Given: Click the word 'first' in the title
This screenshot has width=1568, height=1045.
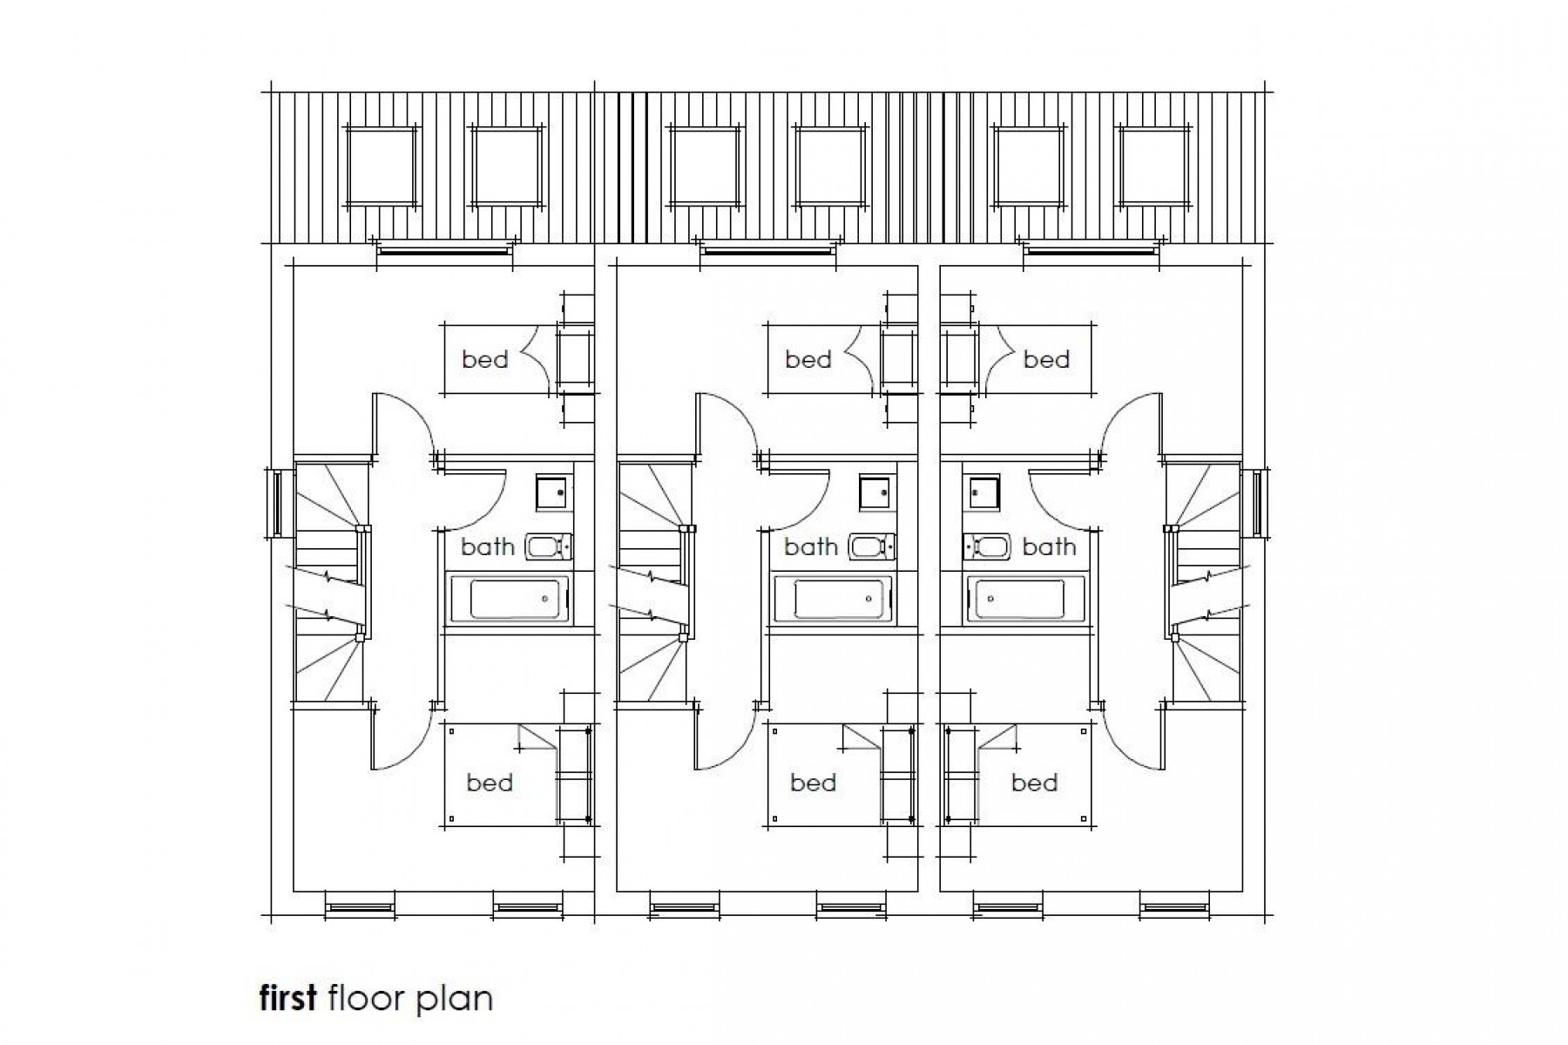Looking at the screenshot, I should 287,998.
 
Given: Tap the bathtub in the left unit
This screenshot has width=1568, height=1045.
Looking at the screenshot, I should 509,599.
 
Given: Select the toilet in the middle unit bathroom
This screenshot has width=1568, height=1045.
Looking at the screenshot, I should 872,547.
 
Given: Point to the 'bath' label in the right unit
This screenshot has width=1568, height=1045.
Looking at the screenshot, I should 1049,547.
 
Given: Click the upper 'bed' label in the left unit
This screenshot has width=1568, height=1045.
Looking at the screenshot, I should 485,359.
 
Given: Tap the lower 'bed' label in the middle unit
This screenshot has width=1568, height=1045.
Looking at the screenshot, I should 813,783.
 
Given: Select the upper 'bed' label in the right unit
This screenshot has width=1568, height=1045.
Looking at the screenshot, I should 1046,359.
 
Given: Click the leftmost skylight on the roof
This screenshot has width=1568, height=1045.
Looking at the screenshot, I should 382,166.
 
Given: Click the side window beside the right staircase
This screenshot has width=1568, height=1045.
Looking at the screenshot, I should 1258,503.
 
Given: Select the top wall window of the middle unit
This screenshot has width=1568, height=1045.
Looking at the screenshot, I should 767,253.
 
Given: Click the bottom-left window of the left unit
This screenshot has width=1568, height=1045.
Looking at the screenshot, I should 360,907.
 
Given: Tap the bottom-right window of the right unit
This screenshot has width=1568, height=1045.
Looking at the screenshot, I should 1175,907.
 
